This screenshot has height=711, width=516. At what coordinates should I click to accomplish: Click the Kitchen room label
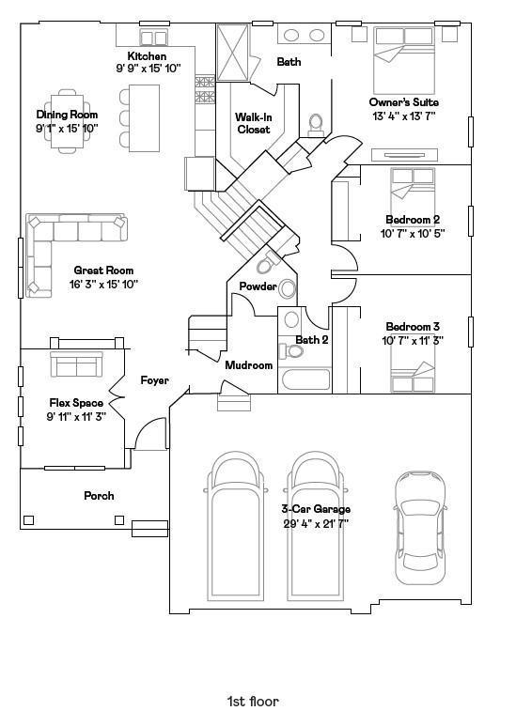point(147,56)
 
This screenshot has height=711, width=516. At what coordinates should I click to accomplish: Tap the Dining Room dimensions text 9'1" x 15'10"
point(67,129)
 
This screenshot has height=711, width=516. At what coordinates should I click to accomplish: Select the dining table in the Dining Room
point(67,121)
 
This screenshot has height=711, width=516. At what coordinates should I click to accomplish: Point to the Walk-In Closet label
point(253,123)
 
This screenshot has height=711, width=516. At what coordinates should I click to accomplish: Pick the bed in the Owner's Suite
point(404,60)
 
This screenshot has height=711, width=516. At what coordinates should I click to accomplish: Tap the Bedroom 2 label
point(413,220)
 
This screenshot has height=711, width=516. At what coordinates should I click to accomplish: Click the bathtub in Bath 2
point(305,379)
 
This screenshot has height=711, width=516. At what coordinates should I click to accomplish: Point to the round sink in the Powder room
point(287,289)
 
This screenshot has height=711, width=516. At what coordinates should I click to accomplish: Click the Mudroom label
point(249,365)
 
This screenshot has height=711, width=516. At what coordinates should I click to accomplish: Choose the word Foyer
point(154,380)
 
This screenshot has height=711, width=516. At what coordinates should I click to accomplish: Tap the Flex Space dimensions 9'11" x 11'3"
point(76,417)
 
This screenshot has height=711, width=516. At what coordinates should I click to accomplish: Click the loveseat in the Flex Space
point(76,363)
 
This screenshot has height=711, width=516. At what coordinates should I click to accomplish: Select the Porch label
point(99,496)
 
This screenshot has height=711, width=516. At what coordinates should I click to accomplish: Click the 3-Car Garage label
point(316,509)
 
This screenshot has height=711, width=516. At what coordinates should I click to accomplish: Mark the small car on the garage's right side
point(420,527)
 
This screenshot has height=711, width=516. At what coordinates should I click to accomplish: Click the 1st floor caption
point(253,702)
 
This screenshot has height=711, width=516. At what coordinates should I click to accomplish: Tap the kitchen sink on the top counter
point(153,39)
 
